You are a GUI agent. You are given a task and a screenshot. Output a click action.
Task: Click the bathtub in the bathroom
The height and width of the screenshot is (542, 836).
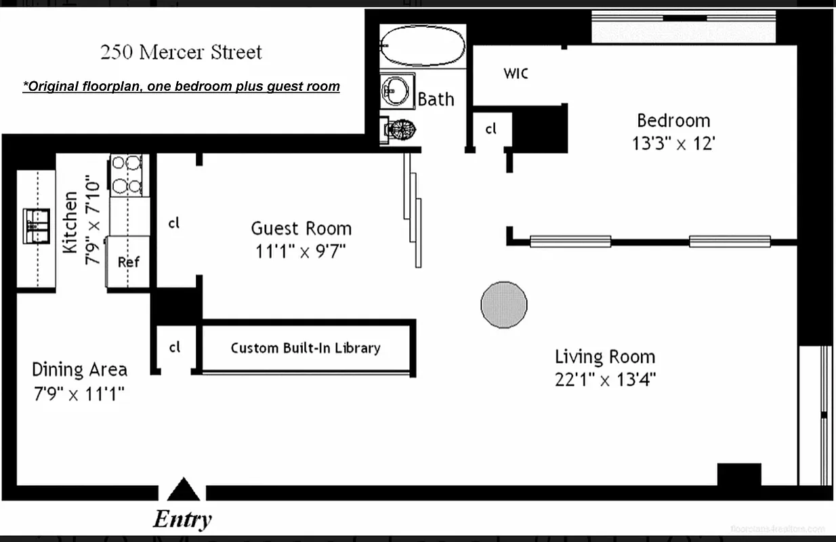tap(423, 46)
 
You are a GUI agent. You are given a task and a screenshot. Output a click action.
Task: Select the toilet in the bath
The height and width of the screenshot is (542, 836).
tap(400, 129)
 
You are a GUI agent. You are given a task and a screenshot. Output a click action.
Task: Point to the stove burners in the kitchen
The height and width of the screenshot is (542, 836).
tap(127, 174)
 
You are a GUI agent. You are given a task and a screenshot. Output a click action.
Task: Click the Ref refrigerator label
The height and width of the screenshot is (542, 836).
tap(129, 262)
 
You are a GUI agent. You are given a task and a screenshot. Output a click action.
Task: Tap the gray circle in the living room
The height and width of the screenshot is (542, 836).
tap(503, 305)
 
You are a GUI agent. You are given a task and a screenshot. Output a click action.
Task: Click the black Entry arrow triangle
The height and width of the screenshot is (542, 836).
tap(183, 489)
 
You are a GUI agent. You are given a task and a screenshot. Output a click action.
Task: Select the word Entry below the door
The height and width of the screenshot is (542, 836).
tap(182, 520)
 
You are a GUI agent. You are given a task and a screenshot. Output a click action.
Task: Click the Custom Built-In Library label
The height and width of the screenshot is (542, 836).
tap(306, 348)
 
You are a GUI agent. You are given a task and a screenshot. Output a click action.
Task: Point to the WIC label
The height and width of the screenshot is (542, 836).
tap(516, 73)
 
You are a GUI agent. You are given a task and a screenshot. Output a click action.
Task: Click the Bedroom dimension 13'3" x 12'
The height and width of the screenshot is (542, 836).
tap(673, 144)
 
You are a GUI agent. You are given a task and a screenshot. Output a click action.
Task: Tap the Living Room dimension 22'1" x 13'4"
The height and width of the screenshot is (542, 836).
tap(605, 379)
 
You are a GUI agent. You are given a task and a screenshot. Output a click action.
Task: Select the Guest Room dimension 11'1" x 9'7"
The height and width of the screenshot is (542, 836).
tap(301, 251)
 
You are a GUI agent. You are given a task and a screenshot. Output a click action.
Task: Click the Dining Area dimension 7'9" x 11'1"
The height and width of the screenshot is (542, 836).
tap(79, 393)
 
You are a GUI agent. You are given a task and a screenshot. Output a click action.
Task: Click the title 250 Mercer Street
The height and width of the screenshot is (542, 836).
tap(181, 52)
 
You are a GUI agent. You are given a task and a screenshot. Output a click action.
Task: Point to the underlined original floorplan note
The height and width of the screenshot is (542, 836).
tap(181, 87)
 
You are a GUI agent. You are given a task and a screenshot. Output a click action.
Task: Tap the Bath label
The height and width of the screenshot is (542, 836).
tap(436, 100)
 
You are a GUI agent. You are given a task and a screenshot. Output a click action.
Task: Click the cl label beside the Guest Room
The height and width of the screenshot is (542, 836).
tap(174, 222)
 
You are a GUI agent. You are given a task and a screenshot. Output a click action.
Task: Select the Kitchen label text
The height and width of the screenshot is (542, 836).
tap(70, 222)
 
